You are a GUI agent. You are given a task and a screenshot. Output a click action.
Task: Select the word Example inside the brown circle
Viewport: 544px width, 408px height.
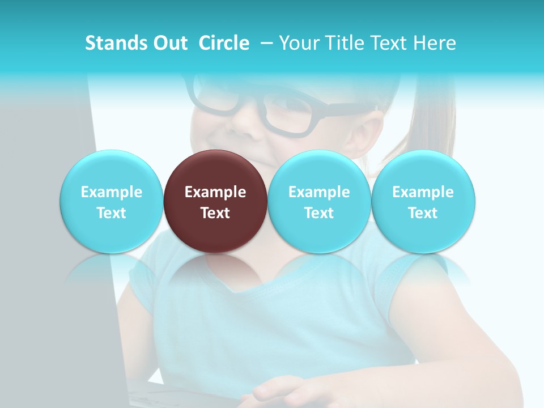coord(215,192)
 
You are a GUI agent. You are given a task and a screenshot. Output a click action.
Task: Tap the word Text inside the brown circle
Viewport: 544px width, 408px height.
coord(215,213)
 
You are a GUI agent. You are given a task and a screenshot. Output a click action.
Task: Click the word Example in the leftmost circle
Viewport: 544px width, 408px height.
coord(111,192)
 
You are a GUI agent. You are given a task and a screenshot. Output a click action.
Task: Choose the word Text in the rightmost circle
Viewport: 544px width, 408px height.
coord(423,213)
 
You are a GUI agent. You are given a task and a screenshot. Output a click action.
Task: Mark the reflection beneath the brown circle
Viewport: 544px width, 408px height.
coord(215,272)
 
